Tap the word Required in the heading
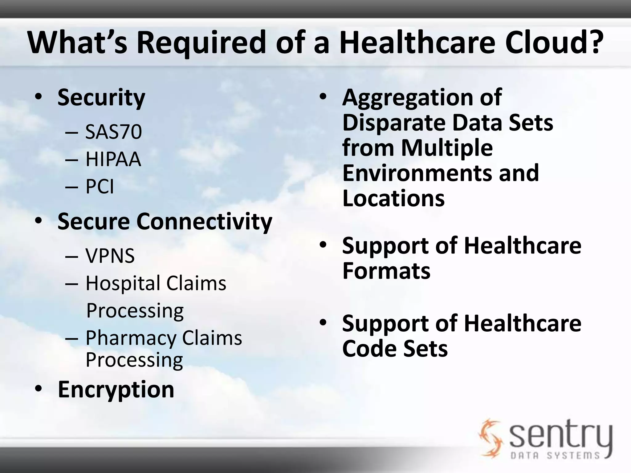(x=201, y=42)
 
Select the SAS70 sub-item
(x=113, y=132)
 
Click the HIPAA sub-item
(x=113, y=159)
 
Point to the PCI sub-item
(x=100, y=187)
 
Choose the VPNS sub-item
(x=110, y=256)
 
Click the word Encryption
(x=116, y=389)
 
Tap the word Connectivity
(x=204, y=221)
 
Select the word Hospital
(x=123, y=283)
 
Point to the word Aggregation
(x=407, y=97)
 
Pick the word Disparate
(x=393, y=123)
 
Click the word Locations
(x=393, y=198)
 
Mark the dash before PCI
(x=71, y=187)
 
